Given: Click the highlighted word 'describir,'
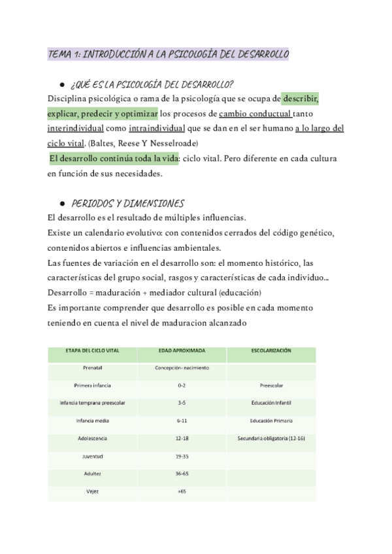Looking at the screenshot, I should tap(301, 99).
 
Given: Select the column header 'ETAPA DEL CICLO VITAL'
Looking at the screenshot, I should tap(92, 351).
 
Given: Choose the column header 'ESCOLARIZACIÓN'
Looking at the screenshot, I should tap(271, 351).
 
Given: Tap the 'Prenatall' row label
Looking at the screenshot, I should tap(92, 368).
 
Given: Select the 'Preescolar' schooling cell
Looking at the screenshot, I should tap(271, 386).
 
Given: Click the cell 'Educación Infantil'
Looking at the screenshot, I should tap(271, 404).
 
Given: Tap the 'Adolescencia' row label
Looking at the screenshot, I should tap(92, 438).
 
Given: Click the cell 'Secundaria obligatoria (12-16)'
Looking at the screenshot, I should tap(271, 438).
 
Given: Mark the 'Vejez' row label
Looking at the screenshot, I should tap(92, 491).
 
